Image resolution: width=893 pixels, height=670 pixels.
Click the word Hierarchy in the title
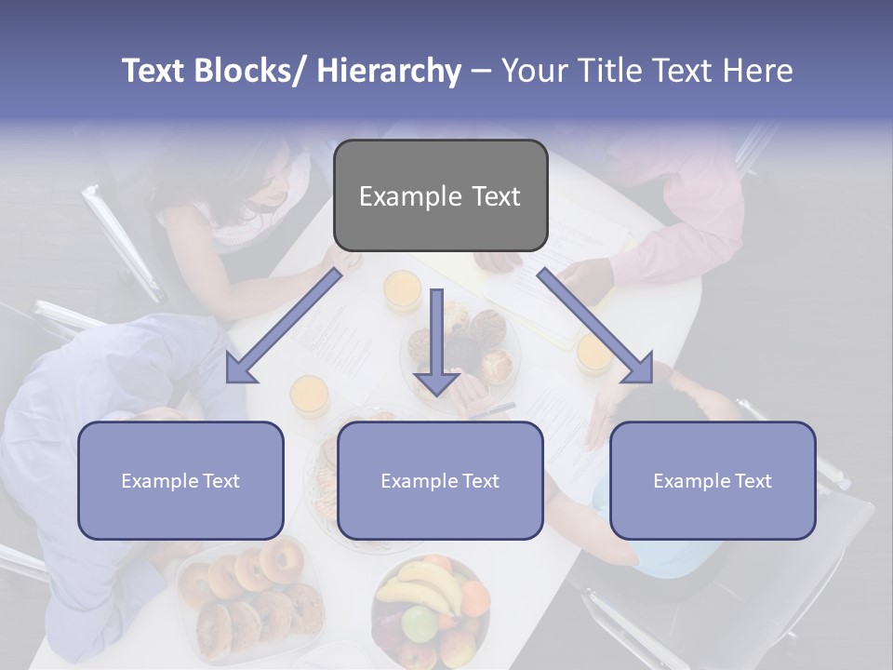[388, 72]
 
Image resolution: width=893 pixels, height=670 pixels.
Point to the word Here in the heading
[757, 72]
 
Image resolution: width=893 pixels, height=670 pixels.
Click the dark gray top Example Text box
[440, 196]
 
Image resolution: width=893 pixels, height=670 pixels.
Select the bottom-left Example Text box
[180, 480]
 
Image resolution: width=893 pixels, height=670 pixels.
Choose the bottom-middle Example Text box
[440, 480]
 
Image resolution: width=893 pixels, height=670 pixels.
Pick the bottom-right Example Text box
[713, 480]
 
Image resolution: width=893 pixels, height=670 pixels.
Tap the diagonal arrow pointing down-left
[283, 326]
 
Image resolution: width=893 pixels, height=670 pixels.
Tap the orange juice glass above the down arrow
[402, 289]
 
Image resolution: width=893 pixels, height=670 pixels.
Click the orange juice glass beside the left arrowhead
[310, 395]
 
